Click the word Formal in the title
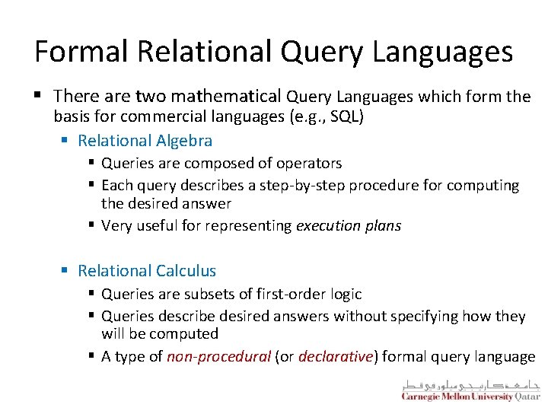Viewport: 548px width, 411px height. [78, 52]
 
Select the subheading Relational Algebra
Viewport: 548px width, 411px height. [145, 141]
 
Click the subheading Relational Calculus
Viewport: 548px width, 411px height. [147, 271]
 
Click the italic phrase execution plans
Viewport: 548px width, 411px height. [348, 225]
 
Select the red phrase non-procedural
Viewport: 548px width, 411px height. [219, 356]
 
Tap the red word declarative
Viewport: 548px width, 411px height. [336, 356]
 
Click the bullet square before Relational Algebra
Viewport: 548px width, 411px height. [66, 142]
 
